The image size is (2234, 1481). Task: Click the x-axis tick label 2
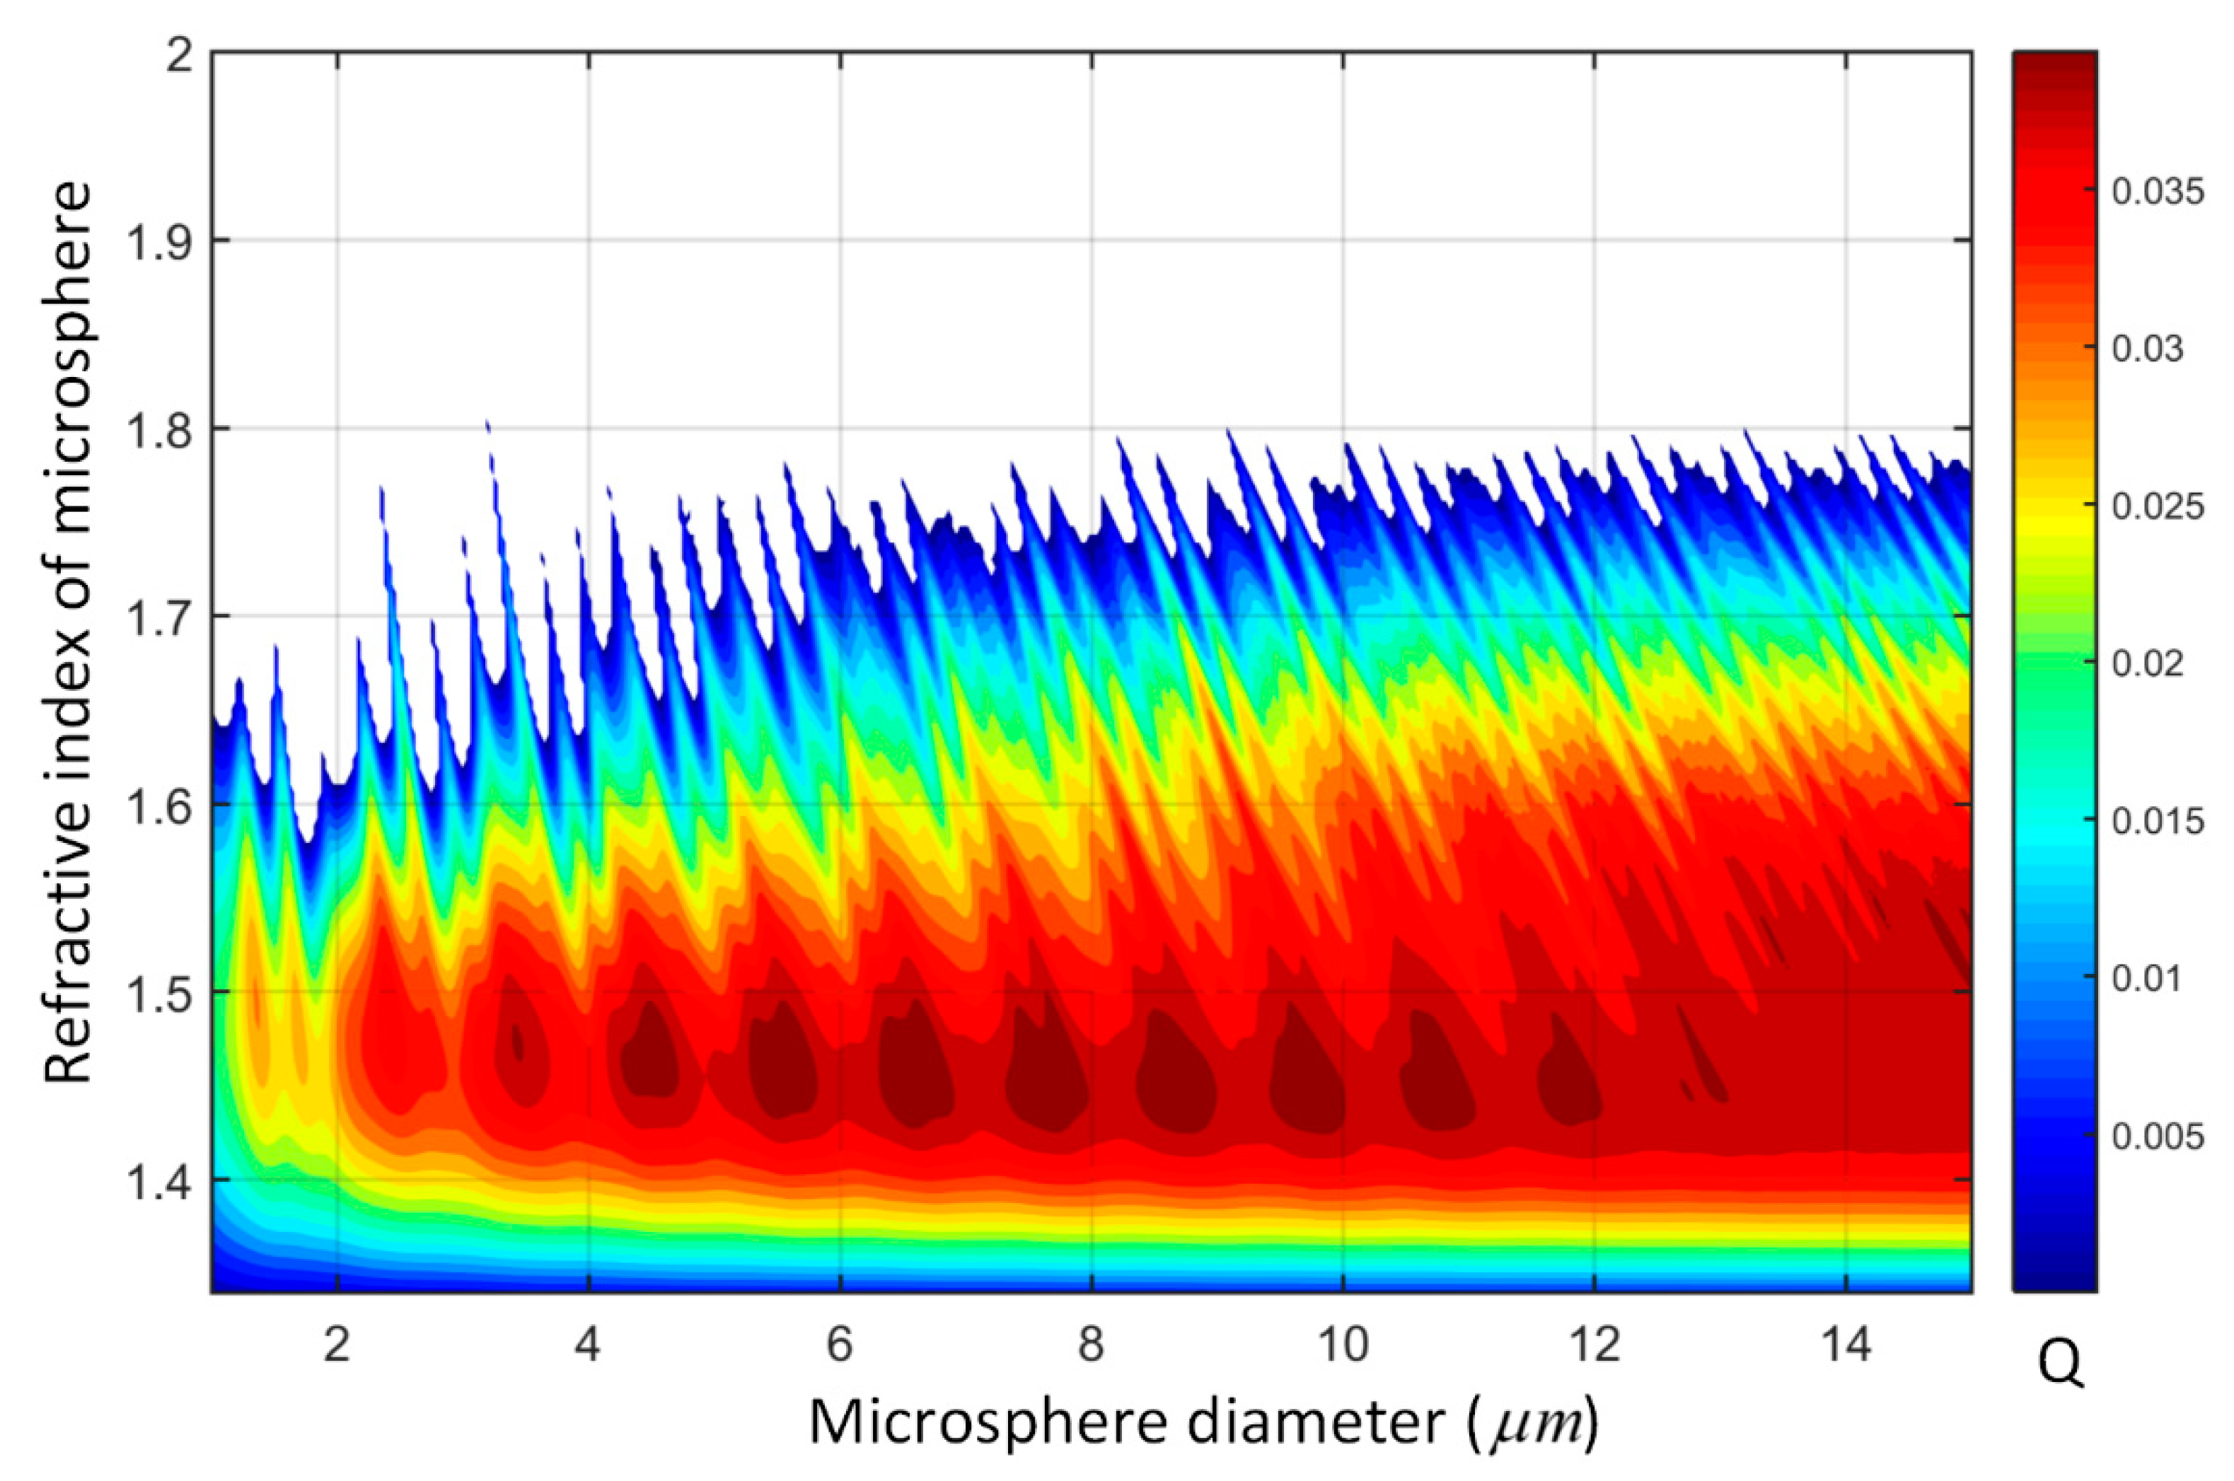point(337,1344)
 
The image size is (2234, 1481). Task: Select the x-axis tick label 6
point(840,1344)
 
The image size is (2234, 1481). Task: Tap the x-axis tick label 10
point(1342,1344)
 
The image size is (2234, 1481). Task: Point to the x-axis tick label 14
point(1845,1344)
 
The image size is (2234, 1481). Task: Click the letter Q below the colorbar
point(2060,1364)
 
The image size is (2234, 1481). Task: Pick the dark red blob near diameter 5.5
point(783,1062)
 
